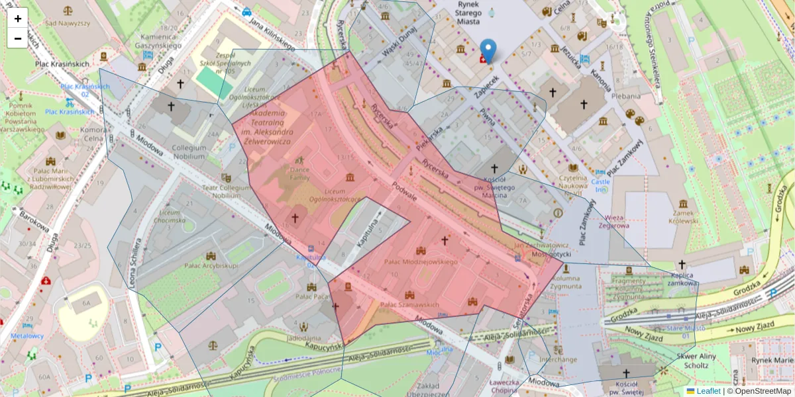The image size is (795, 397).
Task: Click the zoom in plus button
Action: (x=18, y=19)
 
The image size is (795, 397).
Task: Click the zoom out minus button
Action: (x=18, y=38)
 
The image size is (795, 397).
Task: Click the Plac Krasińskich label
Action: (x=62, y=64)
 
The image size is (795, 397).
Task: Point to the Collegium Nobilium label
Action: (x=188, y=152)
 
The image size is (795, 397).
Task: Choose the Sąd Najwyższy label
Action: (x=68, y=22)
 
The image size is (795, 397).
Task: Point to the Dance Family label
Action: (x=299, y=174)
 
